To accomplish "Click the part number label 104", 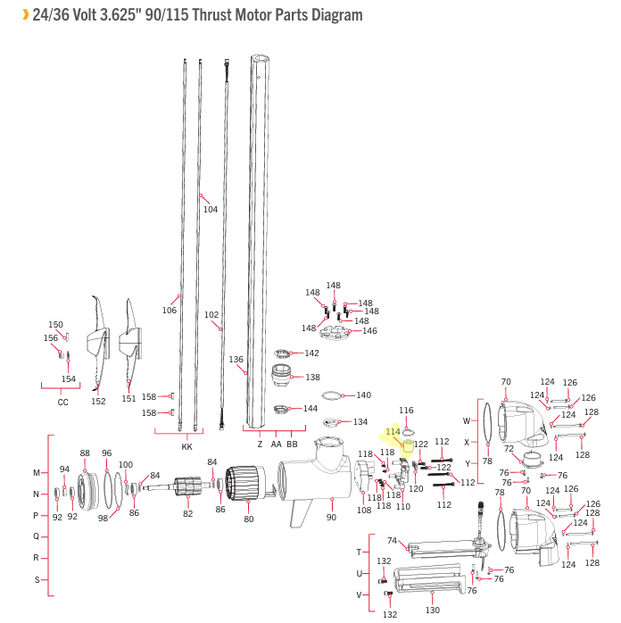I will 211,210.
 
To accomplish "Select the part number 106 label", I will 170,311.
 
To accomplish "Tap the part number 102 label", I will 211,315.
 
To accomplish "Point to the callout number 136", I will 236,360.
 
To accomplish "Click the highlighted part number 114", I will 393,432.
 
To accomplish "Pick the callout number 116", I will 407,411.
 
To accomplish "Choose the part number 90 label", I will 331,518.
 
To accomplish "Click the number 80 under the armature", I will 248,519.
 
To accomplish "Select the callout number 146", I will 369,331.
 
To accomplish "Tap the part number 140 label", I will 363,395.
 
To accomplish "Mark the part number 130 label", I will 433,611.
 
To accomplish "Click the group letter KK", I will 186,445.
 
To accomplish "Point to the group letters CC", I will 62,403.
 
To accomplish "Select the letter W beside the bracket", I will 466,420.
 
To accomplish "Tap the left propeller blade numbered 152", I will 97,344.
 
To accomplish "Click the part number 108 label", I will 364,510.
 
